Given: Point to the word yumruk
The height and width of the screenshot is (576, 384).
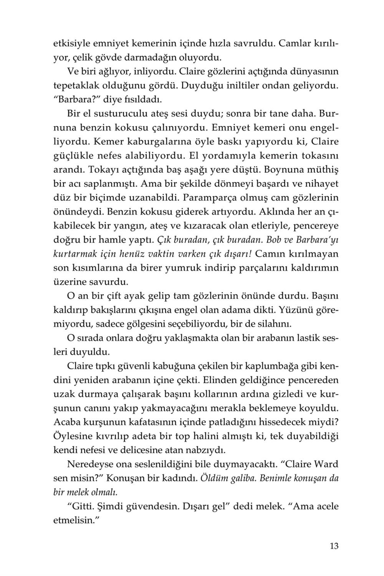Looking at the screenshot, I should tap(182, 268).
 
